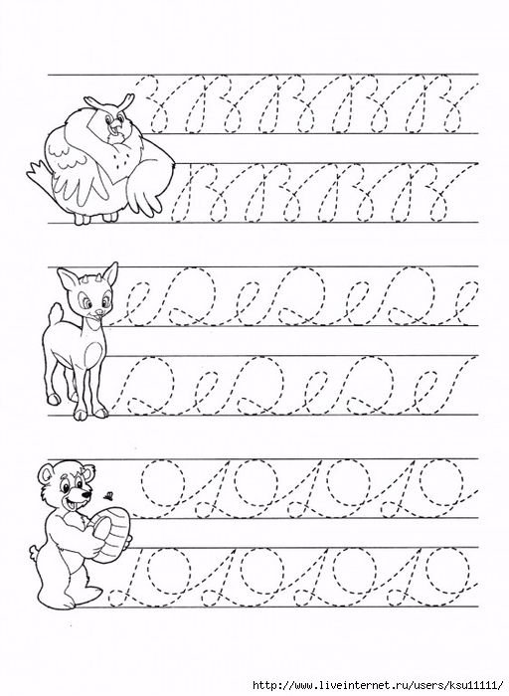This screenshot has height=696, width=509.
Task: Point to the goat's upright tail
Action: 55,314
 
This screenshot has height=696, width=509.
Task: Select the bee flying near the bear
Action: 107,494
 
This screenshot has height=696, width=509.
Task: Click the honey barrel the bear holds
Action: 108,534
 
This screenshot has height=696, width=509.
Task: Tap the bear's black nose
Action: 86,494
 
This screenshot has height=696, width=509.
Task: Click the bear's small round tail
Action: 35,552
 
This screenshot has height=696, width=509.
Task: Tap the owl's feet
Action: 96,218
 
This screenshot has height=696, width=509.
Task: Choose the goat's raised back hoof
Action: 54,399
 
